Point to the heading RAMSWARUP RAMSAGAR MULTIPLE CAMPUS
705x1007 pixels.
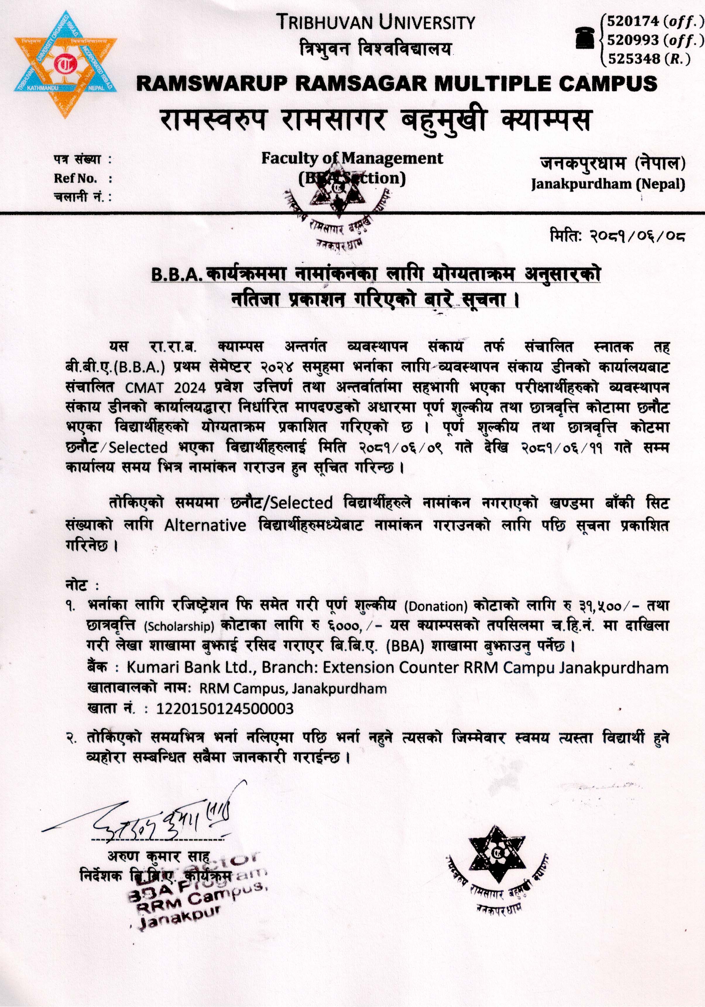pyautogui.click(x=397, y=83)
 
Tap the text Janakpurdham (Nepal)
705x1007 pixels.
pyautogui.click(x=608, y=184)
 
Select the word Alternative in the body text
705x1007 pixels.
pyautogui.click(x=205, y=525)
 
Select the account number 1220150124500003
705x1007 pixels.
pyautogui.click(x=225, y=709)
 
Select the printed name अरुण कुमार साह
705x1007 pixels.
pyautogui.click(x=159, y=856)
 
